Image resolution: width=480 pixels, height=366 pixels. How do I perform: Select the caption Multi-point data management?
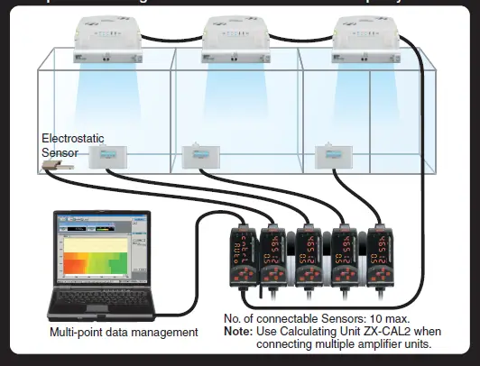click(124, 334)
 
